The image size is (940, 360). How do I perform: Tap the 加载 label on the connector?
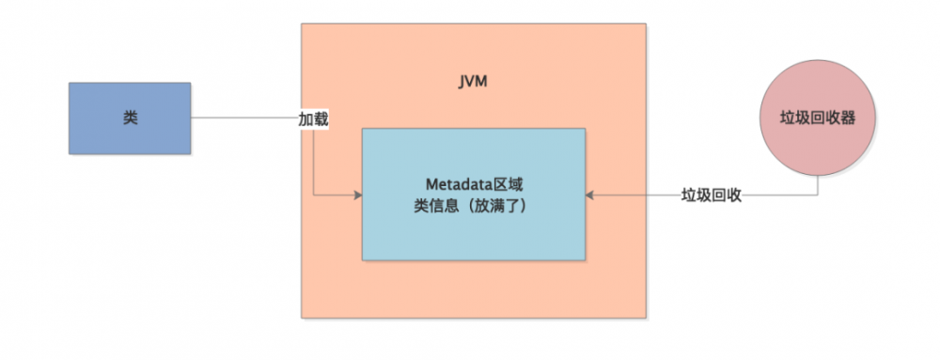(313, 120)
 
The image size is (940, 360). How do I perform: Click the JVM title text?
(472, 84)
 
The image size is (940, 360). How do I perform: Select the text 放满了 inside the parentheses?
(493, 205)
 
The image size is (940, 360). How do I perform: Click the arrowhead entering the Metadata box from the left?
(358, 196)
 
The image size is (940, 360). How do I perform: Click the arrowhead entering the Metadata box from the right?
(589, 196)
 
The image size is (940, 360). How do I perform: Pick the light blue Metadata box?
(473, 235)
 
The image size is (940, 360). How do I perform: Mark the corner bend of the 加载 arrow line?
(313, 196)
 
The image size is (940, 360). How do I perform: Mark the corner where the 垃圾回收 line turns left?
(817, 196)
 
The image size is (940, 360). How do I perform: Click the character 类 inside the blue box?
(130, 118)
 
